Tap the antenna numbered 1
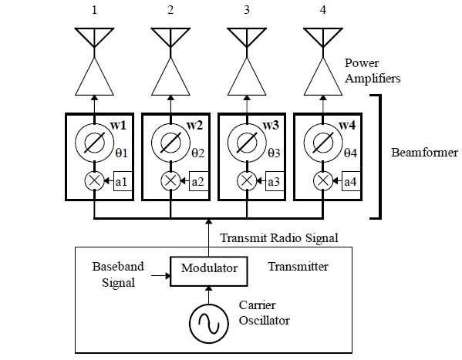[x=94, y=39]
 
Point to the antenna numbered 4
[x=322, y=39]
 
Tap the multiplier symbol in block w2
[x=170, y=181]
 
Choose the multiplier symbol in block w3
[x=247, y=181]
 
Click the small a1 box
[x=121, y=182]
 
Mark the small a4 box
[x=349, y=182]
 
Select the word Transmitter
[x=298, y=267]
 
